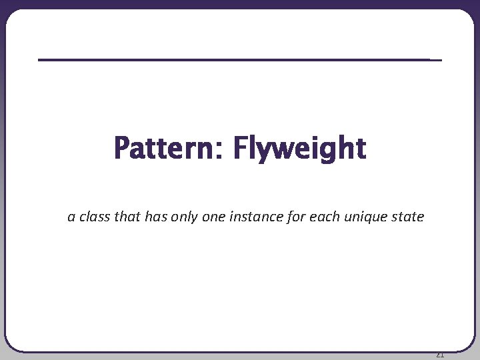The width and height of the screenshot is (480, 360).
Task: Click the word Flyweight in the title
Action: coord(299,148)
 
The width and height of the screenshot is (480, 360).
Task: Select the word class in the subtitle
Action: coord(94,217)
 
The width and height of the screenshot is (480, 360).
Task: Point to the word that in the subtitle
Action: coord(127,217)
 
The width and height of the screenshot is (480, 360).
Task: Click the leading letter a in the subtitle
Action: coord(71,217)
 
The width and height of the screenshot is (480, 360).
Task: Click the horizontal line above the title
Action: coord(240,60)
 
